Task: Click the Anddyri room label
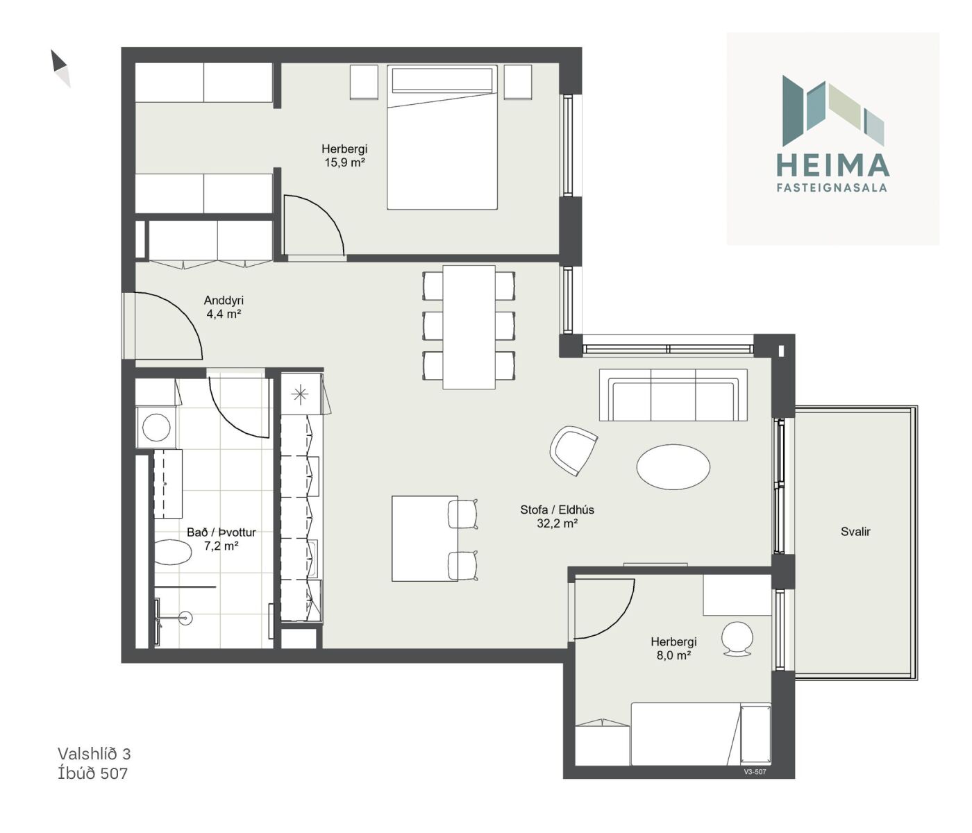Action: point(224,300)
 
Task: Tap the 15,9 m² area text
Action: point(344,162)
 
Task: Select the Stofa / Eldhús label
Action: point(557,510)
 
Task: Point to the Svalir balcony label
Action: point(855,532)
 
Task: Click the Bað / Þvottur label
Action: point(221,532)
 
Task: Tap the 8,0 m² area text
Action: point(673,655)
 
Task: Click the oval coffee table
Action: point(673,466)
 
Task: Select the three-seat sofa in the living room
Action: point(673,394)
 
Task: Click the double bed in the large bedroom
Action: point(442,137)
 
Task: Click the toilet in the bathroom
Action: point(173,552)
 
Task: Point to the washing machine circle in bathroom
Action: point(156,428)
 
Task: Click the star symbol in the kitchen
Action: point(299,394)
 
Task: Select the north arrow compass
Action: point(60,68)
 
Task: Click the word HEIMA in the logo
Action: point(832,165)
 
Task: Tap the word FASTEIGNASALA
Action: point(832,187)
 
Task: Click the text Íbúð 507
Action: point(92,773)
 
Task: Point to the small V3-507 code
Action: point(755,771)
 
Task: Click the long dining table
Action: point(469,327)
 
